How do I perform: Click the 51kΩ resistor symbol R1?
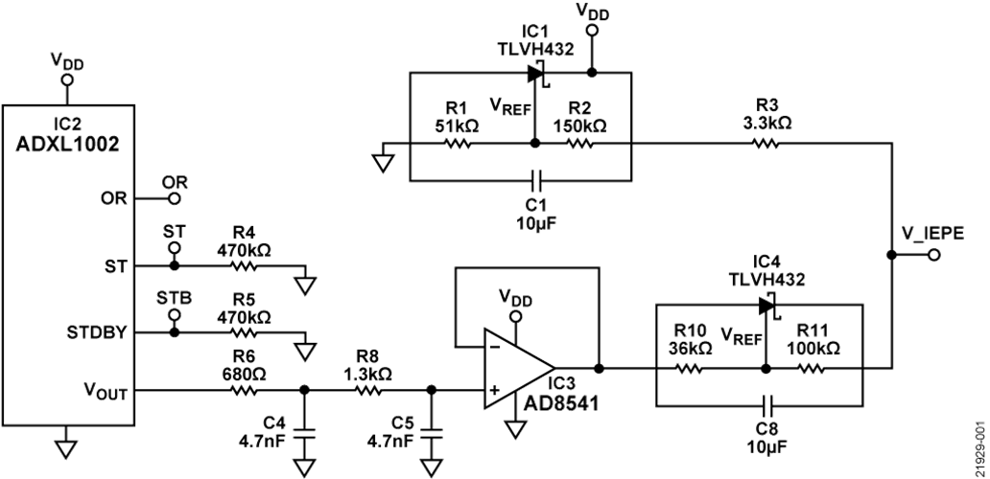(460, 145)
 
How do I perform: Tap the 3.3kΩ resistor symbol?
(766, 145)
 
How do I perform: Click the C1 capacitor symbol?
(534, 179)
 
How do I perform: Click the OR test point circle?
(174, 198)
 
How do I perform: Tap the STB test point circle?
(174, 314)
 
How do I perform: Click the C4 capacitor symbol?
(305, 434)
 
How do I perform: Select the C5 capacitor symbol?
(432, 434)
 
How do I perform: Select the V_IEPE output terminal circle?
(891, 255)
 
